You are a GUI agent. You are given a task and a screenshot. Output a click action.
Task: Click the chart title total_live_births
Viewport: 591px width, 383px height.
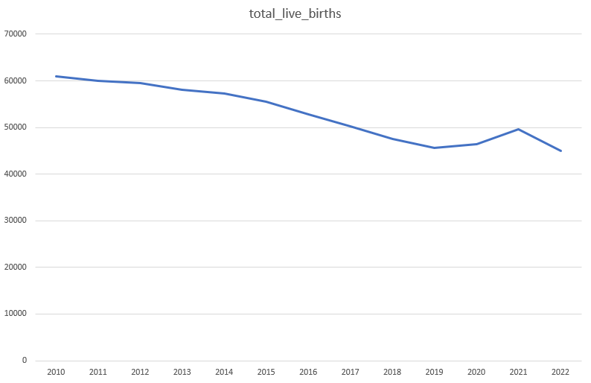[295, 14]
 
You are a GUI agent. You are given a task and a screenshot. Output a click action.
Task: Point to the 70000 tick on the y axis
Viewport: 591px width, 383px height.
[16, 34]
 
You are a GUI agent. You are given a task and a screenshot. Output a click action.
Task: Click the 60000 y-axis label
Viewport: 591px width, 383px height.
[16, 80]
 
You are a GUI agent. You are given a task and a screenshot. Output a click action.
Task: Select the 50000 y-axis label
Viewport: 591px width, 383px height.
[16, 127]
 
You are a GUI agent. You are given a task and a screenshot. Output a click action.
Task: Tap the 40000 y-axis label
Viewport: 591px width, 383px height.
[16, 174]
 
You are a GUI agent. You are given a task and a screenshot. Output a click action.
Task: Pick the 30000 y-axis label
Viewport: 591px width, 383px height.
[16, 221]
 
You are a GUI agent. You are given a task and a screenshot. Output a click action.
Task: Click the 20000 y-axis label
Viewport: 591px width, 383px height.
[16, 268]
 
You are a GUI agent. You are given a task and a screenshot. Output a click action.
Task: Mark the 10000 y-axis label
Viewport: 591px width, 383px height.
[16, 314]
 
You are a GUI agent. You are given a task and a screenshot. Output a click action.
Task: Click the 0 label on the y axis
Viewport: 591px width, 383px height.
[25, 361]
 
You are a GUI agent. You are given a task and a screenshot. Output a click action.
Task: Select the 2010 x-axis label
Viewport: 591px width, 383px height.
[56, 371]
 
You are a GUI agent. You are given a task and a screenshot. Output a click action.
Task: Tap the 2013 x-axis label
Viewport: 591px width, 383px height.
[182, 371]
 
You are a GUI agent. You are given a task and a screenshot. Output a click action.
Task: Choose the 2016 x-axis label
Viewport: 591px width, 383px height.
[308, 371]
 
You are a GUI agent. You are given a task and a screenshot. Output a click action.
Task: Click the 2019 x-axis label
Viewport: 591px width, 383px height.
[435, 371]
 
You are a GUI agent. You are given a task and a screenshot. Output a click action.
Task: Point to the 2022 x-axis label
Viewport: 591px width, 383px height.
[560, 371]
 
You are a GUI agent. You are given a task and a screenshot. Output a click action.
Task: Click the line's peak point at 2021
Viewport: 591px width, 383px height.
[519, 129]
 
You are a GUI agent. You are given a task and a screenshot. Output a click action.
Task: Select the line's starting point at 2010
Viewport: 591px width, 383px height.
[56, 76]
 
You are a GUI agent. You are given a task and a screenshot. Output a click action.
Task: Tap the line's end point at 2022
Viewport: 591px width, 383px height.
[560, 151]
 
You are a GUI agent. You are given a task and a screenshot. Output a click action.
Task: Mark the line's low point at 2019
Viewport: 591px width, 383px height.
[435, 148]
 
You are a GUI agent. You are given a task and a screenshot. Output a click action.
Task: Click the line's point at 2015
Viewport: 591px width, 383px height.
[266, 101]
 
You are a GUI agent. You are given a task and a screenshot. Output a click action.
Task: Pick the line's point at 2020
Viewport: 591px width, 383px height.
[476, 144]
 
